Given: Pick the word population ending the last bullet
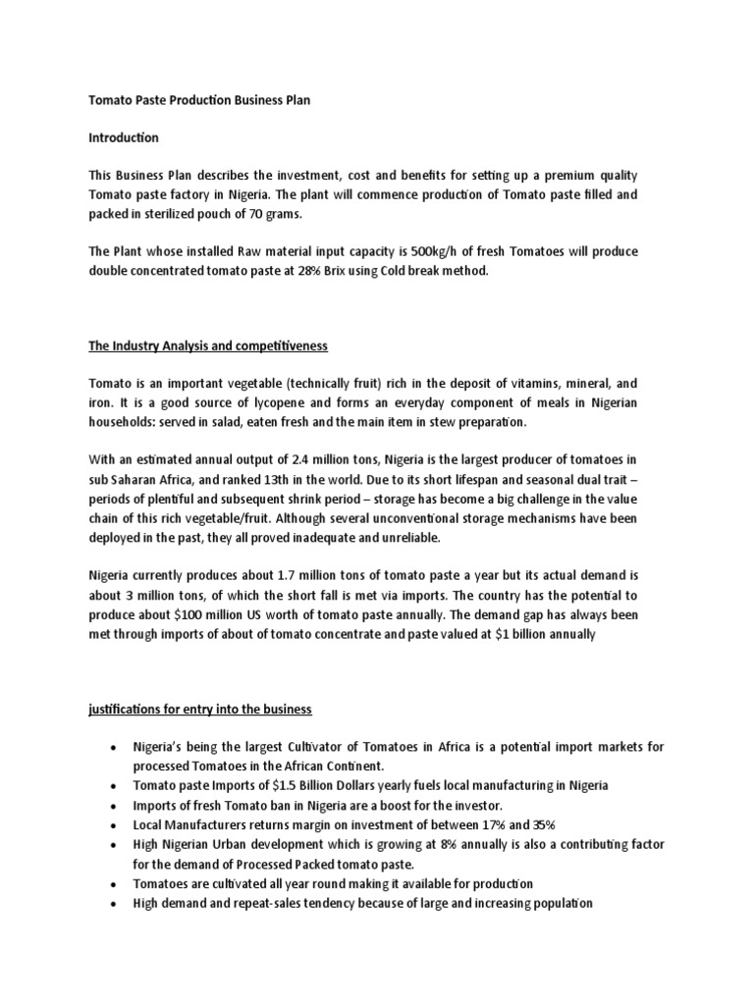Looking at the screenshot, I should pos(559,903).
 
